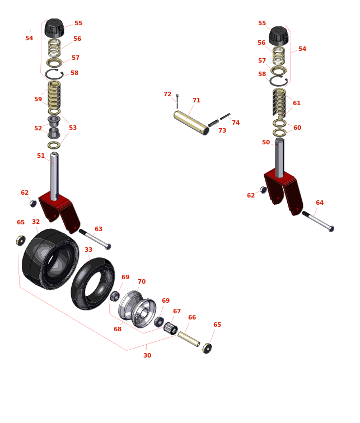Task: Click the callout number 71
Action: pos(197,100)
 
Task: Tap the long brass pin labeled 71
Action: pos(191,123)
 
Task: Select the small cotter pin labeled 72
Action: pos(177,101)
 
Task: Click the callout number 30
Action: pos(147,355)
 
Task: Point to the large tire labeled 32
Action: pos(50,259)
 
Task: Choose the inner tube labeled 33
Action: pos(92,284)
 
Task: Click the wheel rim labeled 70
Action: pos(137,309)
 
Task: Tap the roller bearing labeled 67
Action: pos(171,328)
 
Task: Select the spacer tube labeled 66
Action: pos(189,339)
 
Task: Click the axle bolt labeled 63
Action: pos(95,239)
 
